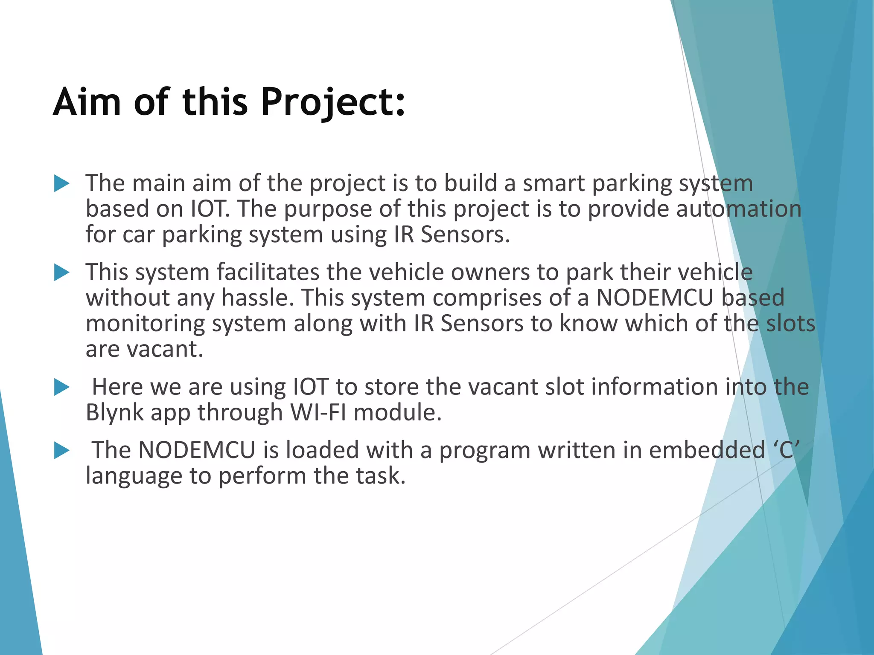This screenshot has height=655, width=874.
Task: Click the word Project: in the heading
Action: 333,103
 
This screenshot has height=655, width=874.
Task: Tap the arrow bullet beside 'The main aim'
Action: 62,184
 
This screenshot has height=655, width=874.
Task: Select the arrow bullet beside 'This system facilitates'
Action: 62,273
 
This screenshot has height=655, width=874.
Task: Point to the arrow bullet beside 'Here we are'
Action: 62,388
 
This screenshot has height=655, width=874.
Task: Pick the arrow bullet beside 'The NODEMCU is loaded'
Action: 62,451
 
